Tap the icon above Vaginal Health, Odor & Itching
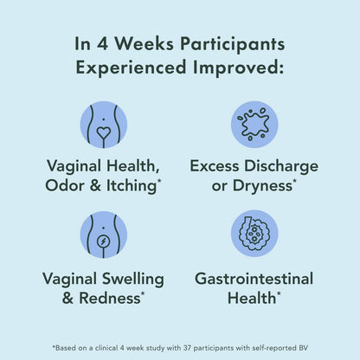[x=103, y=125]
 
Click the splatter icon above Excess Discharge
[x=254, y=125]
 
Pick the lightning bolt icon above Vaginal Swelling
[x=103, y=235]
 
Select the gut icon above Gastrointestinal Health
[x=254, y=235]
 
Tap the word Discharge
[x=280, y=164]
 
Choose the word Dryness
[x=262, y=184]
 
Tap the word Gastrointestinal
[x=254, y=279]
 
